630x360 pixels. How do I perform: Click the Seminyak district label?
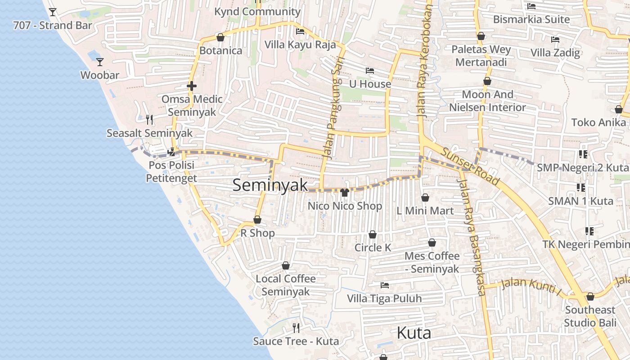coord(270,185)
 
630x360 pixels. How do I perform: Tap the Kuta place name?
coord(414,333)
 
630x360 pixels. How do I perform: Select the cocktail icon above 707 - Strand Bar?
coord(53,12)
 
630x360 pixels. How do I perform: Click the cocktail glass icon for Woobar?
coord(100,62)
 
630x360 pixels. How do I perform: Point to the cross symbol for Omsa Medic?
coord(192,85)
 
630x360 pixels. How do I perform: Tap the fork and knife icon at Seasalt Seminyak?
coord(149,119)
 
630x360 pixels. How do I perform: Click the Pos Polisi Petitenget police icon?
coord(171,152)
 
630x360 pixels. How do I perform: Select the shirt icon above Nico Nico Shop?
coord(345,193)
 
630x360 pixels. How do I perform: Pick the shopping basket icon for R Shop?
coord(257,220)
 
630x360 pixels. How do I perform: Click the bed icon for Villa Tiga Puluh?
coord(384,285)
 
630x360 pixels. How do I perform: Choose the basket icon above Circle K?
coord(373,234)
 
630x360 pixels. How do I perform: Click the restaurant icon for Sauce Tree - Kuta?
coord(296,328)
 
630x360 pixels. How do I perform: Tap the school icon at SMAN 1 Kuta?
coord(580,187)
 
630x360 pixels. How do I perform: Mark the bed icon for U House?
coord(370,71)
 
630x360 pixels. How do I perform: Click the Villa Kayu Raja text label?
coord(300,45)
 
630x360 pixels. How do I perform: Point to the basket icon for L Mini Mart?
coord(425,197)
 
